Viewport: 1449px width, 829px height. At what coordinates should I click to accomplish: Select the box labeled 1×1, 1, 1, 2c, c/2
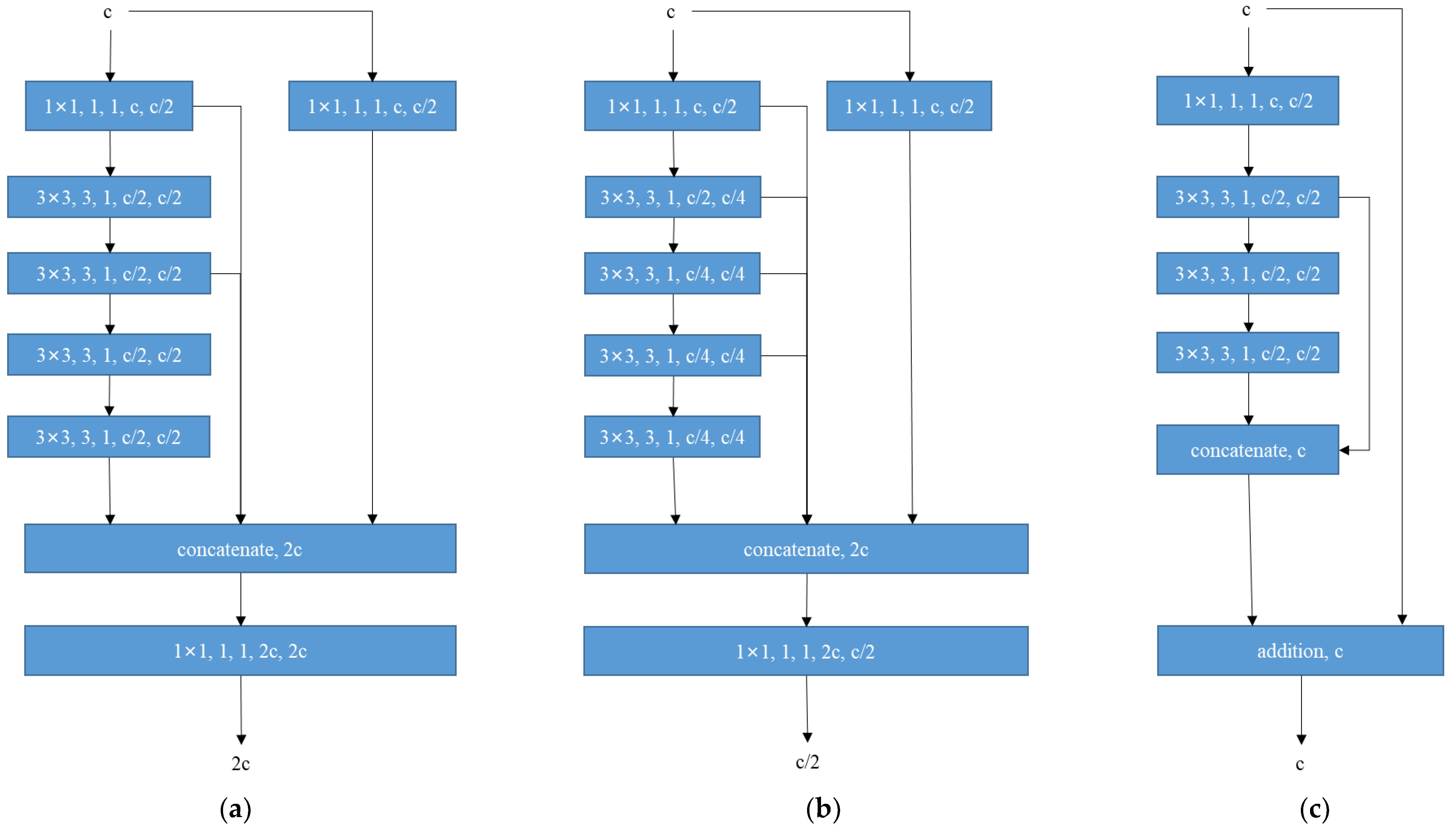[805, 651]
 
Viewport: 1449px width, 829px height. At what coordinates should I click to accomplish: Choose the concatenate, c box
[1247, 450]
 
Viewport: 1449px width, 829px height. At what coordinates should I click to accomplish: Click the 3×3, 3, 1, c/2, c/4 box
[673, 197]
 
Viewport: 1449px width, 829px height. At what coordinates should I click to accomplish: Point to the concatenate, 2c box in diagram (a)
[240, 549]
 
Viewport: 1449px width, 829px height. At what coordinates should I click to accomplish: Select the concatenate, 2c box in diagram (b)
[806, 549]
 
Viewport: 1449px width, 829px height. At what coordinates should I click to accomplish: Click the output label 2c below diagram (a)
[241, 764]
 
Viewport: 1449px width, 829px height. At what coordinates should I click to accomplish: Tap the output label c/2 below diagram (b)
[807, 762]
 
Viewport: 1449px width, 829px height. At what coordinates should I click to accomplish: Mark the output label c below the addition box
[1300, 764]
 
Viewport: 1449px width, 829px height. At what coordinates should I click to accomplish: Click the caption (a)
[235, 809]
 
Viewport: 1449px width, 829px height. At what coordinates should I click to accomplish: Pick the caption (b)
[823, 809]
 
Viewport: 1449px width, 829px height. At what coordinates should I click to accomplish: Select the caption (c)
[1315, 809]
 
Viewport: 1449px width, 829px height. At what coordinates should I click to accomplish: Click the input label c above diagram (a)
[108, 12]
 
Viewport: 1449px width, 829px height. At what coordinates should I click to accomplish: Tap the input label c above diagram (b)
[671, 12]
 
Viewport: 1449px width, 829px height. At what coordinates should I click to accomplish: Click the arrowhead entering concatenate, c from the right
[1344, 450]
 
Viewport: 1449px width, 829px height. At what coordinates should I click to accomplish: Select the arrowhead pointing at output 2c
[241, 739]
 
